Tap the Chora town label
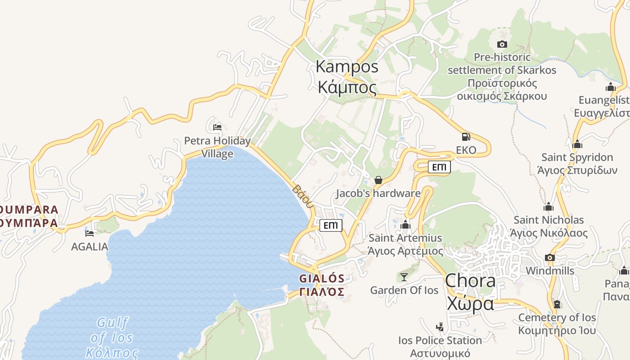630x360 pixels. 470,292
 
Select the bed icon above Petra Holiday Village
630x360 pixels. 217,127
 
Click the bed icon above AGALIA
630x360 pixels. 90,233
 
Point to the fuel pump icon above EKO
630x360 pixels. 466,137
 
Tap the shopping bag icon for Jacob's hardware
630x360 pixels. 378,180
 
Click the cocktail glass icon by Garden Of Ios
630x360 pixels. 404,277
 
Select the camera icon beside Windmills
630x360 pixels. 549,257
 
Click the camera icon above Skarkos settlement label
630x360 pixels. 502,44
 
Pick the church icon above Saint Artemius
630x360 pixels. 405,225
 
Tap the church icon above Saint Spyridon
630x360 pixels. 577,144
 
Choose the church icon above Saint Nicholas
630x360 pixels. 548,207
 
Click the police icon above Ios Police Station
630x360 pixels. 440,327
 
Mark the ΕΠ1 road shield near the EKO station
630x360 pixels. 439,167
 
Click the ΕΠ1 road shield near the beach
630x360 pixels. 331,225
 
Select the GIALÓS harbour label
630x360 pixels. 322,285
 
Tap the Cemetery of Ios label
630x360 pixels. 557,324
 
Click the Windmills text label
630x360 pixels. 550,270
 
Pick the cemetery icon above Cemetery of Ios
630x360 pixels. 557,304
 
